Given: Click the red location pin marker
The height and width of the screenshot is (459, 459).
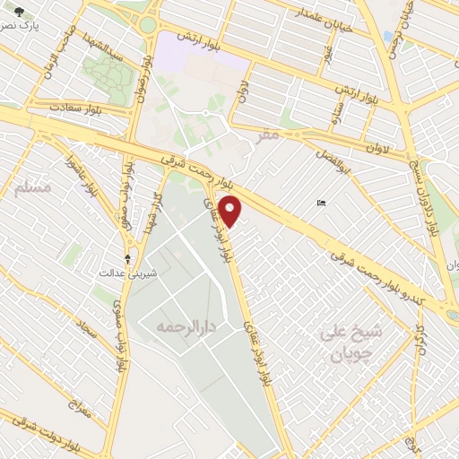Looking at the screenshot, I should coord(231,212).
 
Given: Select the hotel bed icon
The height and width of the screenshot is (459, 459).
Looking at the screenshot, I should coord(322,204).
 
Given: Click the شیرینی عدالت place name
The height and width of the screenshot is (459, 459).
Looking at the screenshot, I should coord(126,272).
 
